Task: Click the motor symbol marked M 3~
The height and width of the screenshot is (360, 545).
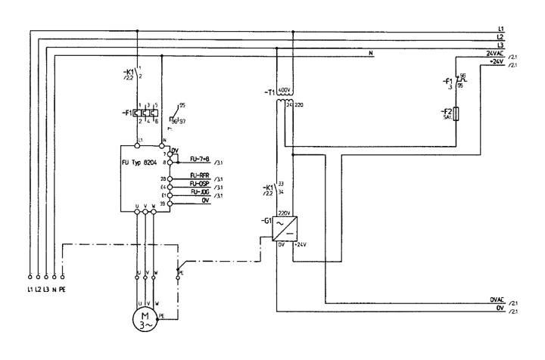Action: point(143,318)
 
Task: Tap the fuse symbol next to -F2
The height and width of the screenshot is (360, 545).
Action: point(459,116)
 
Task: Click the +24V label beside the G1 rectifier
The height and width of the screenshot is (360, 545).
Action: point(301,247)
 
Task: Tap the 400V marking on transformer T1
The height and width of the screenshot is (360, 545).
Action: point(284,92)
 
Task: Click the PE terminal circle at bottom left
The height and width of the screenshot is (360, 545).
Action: point(62,277)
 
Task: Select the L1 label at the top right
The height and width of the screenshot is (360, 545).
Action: point(500,29)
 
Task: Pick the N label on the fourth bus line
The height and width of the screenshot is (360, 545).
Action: point(371,53)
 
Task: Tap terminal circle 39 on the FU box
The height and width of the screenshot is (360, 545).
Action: point(171,203)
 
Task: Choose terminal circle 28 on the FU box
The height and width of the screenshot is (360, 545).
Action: point(171,178)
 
